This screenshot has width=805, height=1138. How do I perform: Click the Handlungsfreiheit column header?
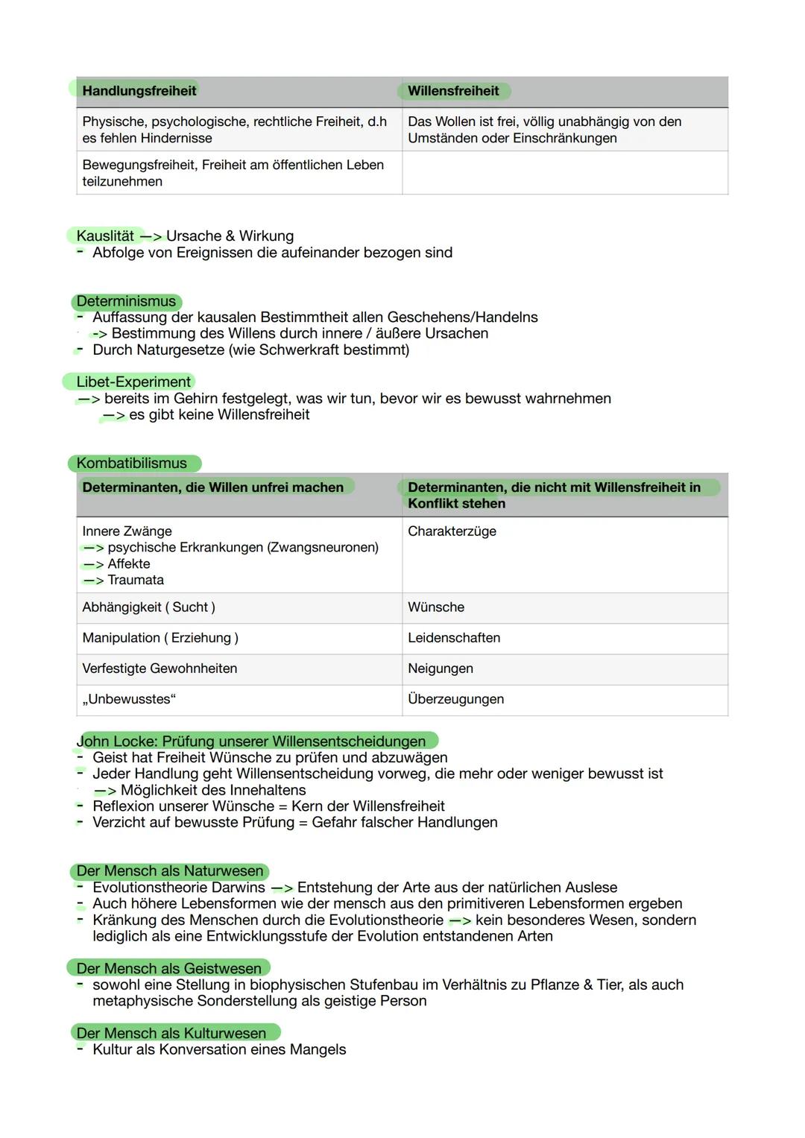(x=139, y=91)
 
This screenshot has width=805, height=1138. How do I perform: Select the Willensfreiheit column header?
(x=453, y=91)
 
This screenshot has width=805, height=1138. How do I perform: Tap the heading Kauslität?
(x=105, y=236)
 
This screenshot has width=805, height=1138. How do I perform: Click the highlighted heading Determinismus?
(x=126, y=302)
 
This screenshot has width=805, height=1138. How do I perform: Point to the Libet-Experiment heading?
(x=133, y=382)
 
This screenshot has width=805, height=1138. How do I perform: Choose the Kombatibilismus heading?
(x=132, y=464)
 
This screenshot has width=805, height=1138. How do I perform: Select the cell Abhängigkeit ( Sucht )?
(x=148, y=607)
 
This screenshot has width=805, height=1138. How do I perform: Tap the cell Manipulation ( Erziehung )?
(x=160, y=638)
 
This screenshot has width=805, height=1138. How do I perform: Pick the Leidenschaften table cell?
(x=454, y=638)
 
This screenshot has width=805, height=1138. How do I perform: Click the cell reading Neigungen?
(x=441, y=668)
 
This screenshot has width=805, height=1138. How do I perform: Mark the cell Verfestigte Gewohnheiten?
(x=160, y=668)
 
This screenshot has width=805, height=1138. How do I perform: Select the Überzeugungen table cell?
(x=455, y=699)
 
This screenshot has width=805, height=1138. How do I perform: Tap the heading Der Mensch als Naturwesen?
(x=170, y=871)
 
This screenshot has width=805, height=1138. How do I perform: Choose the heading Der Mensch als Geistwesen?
(x=169, y=969)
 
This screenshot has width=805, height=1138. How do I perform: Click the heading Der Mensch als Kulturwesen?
(x=171, y=1034)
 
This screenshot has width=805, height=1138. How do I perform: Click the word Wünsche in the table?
(x=436, y=607)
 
